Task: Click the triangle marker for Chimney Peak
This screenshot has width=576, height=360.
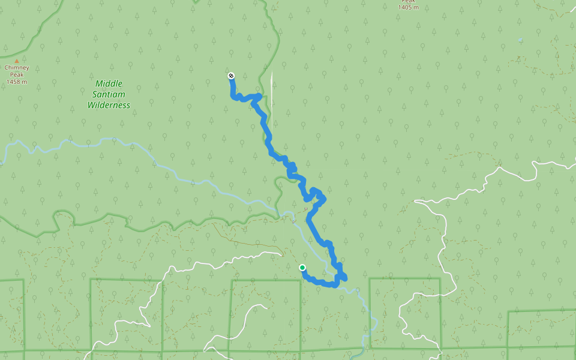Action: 17,61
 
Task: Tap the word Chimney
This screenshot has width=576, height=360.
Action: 17,68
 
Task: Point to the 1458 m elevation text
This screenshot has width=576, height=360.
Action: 17,82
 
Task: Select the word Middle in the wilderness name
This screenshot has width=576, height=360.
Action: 109,83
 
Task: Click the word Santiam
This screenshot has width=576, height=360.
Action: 109,94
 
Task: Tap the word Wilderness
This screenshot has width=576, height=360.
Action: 109,105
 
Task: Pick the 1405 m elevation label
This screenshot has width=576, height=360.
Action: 408,8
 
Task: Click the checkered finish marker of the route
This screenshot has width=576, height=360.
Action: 231,76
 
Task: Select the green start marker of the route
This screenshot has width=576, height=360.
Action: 302,268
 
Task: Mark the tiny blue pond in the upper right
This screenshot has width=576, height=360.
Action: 520,40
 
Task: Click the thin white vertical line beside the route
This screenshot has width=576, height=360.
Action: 271,96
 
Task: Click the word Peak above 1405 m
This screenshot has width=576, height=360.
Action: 408,2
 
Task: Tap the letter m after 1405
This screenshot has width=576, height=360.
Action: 416,8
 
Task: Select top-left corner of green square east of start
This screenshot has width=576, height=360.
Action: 370,278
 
